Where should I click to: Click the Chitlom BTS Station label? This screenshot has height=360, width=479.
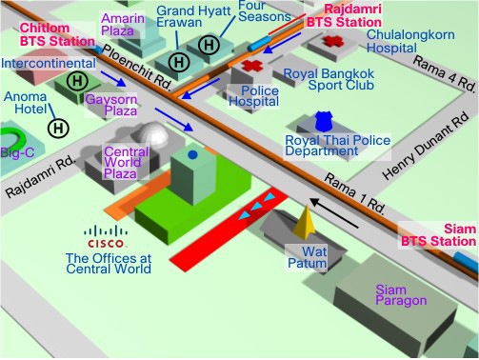point(57,34)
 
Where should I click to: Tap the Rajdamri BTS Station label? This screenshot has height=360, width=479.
point(344,15)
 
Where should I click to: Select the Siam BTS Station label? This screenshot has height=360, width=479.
point(439,235)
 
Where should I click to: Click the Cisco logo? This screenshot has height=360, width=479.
point(106,236)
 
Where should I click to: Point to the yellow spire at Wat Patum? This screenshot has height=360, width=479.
point(304,223)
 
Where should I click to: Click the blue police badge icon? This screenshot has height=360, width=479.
point(324,122)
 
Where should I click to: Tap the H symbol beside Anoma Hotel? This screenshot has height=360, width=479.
point(58,129)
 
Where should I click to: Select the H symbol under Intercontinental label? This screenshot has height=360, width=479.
point(77,81)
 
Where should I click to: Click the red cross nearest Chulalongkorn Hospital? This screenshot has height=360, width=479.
point(332,42)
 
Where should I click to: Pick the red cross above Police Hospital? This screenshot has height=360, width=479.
point(252,66)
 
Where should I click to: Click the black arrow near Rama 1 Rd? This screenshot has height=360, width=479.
point(334,212)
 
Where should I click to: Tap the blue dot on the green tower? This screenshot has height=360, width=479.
point(192,155)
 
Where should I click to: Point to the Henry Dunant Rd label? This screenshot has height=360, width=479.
point(426,146)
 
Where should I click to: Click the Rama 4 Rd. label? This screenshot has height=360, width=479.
point(445,72)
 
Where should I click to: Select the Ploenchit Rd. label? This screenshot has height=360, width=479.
point(137,68)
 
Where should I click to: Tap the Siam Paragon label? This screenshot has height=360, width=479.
point(401,295)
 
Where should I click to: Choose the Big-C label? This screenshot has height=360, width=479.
point(17,152)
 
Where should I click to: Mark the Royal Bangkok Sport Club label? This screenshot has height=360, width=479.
point(329,79)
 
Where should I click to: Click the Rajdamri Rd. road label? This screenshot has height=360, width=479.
point(41,176)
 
